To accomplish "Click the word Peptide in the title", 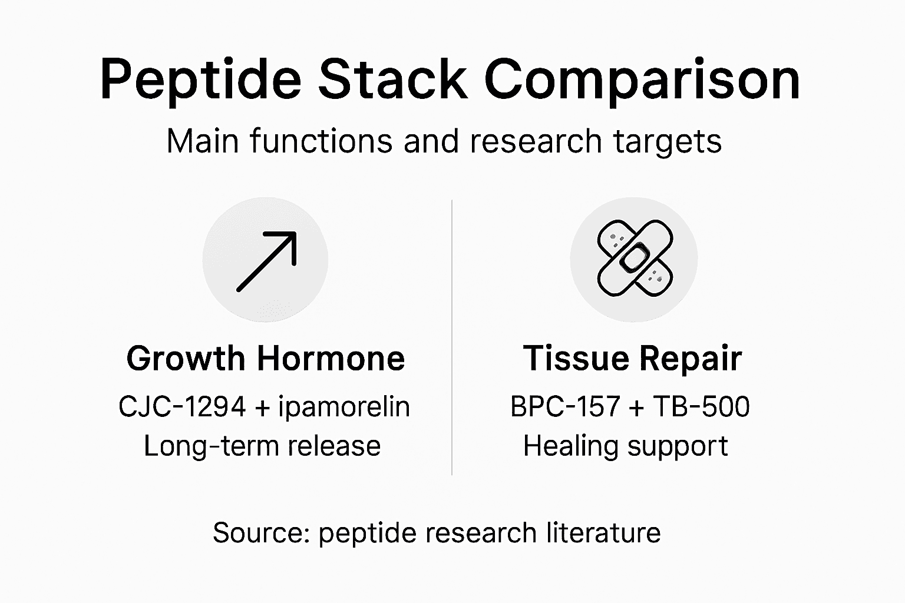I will coord(201,79).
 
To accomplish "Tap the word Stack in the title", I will coord(393,79).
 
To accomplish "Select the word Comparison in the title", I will coord(642,79).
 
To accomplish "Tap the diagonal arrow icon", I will coord(266,261).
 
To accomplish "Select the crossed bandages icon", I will coord(634,259).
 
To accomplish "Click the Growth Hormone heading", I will coord(266,359).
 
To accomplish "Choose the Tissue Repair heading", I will coord(632,359).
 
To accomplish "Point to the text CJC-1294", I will coord(182,407).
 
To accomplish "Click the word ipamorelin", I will coord(344,407).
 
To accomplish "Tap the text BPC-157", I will coord(564,407).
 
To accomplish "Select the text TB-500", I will coord(702,407).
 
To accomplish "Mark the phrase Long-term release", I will coord(262,446).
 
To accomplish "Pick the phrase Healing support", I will coord(626,446).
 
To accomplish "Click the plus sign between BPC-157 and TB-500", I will coord(636,407).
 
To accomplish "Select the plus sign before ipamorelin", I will coord(262,407).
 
